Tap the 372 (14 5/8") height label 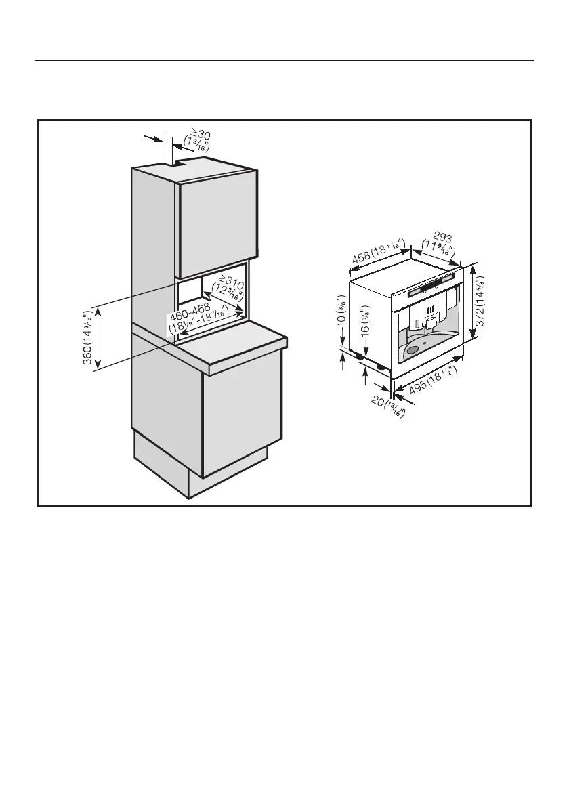click(x=480, y=303)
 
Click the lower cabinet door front click(x=241, y=413)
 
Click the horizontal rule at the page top click(x=284, y=60)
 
